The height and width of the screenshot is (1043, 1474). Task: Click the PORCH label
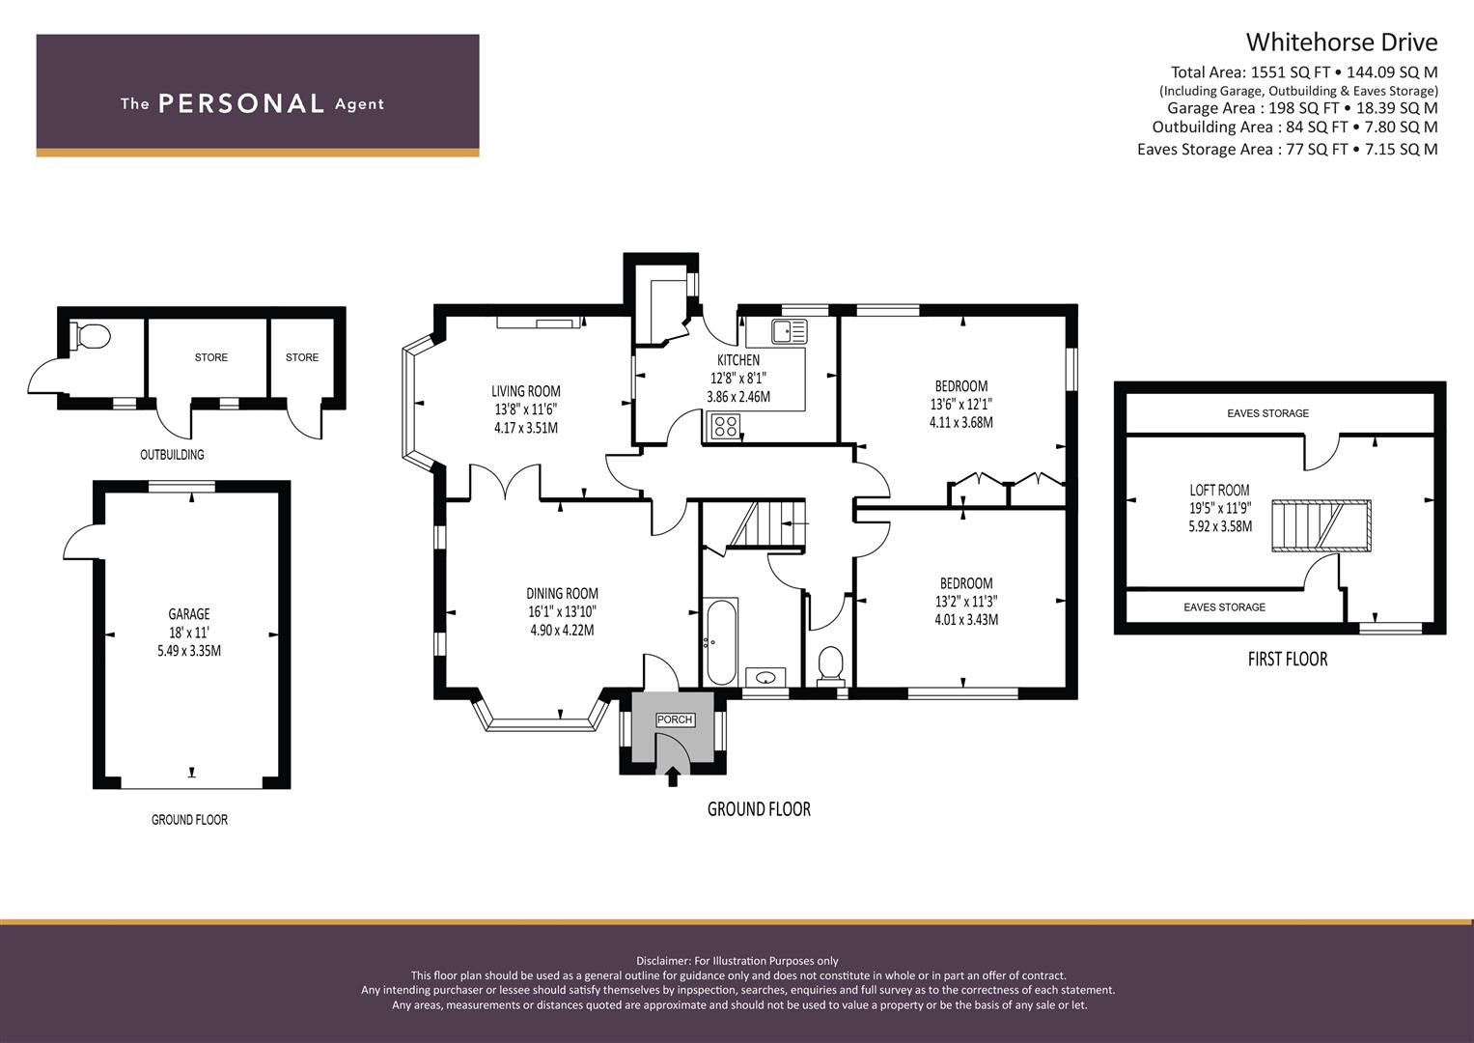pos(674,719)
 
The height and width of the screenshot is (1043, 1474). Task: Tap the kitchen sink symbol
pos(789,332)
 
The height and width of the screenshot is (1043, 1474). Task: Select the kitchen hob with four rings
pos(724,425)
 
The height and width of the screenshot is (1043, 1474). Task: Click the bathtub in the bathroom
pos(721,642)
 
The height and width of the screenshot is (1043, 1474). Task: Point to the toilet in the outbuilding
pos(92,336)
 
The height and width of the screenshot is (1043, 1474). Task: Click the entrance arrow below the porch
pos(672,775)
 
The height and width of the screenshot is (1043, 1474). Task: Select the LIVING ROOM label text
pos(525,391)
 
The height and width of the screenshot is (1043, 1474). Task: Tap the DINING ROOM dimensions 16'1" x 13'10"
pos(562,611)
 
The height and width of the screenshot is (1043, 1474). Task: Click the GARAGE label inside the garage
pos(189,614)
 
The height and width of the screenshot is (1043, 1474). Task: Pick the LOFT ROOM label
pos(1219,490)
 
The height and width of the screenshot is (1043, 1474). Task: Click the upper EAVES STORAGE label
pos(1267,413)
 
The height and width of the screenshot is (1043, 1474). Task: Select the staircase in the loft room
pos(1320,525)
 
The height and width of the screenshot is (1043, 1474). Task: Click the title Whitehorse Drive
pos(1341,42)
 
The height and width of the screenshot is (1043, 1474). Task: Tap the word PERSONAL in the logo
pos(240,103)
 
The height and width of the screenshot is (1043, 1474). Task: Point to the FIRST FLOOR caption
pos(1287,659)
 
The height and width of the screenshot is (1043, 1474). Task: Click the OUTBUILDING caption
pos(172,454)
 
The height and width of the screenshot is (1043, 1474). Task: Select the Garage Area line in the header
pos(1301,108)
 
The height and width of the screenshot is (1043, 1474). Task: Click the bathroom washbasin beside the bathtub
pos(765,677)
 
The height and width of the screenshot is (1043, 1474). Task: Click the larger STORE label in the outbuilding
pos(210,357)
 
